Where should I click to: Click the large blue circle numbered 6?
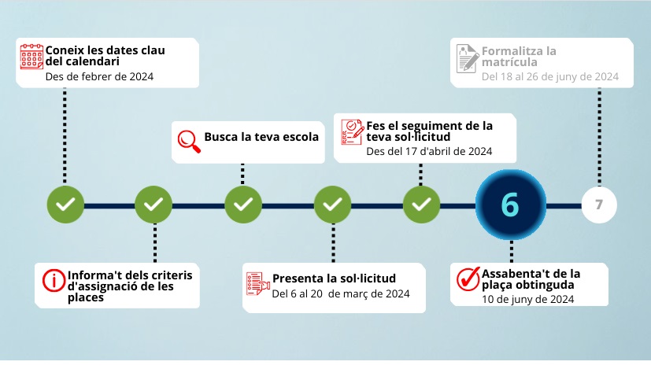click(x=510, y=205)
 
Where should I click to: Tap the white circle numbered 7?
click(x=599, y=205)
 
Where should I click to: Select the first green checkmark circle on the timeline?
click(x=65, y=205)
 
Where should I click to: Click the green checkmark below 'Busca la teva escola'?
click(x=243, y=205)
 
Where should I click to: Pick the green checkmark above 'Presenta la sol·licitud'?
click(x=332, y=205)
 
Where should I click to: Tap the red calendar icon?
click(x=31, y=57)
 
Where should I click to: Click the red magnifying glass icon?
click(x=187, y=139)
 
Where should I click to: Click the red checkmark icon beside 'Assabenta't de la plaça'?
click(x=468, y=279)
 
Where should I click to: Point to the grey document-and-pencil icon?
click(x=467, y=58)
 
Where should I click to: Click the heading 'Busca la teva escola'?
click(x=261, y=137)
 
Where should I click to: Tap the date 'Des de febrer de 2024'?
click(x=99, y=76)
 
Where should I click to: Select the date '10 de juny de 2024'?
click(x=527, y=299)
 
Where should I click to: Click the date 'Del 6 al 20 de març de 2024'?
click(x=341, y=294)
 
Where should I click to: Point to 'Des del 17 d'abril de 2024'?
click(x=429, y=151)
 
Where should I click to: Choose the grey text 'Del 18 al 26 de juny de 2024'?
click(x=549, y=77)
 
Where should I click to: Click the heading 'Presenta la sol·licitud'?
click(x=334, y=279)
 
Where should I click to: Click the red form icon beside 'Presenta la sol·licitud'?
click(x=257, y=284)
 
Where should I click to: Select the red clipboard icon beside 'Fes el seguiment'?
click(x=352, y=133)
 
